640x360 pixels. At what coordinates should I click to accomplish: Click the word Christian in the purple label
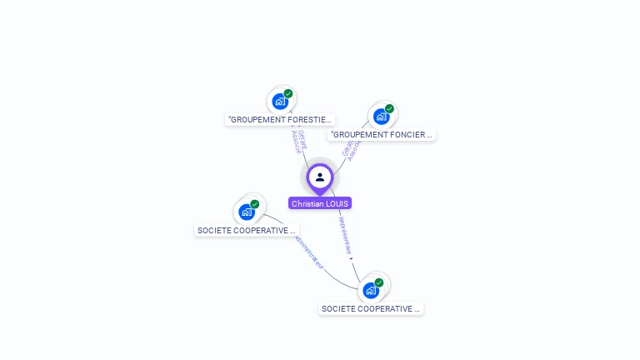pos(307,203)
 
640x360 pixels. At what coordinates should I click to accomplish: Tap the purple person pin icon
pos(320,177)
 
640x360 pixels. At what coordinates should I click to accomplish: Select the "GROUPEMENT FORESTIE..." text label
pos(280,120)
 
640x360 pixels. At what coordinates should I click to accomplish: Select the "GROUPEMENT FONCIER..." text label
pos(382,134)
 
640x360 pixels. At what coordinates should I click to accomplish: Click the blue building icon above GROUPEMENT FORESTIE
pos(280,102)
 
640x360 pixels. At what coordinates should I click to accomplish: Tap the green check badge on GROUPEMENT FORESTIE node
pos(288,93)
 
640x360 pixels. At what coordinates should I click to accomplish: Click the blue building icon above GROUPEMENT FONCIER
pos(381,117)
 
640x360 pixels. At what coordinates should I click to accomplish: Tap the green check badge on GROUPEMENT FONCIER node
pos(389,108)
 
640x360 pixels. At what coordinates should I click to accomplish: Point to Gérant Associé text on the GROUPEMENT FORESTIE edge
pos(297,141)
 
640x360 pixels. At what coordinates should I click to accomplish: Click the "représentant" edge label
pos(345,234)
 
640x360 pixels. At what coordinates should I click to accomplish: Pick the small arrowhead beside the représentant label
pos(351,258)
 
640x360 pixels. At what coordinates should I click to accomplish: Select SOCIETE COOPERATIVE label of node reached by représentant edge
pos(371,308)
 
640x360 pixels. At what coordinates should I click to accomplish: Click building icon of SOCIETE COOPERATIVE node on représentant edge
pos(371,291)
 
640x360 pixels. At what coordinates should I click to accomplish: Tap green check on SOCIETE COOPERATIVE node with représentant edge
pos(379,282)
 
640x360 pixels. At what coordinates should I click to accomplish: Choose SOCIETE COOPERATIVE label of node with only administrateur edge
pos(246,230)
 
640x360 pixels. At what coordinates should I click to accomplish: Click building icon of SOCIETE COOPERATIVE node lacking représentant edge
pos(246,212)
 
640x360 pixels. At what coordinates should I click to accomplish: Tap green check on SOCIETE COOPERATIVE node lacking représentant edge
pos(255,204)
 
